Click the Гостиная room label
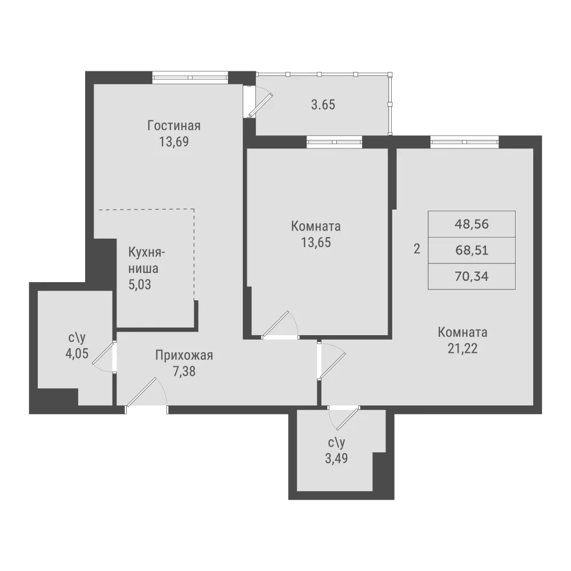174,126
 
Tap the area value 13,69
174,142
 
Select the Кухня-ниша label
146,260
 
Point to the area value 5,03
139,284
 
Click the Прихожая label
184,355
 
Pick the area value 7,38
184,371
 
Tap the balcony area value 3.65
323,105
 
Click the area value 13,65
316,242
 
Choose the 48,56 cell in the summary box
472,224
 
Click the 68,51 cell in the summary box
472,250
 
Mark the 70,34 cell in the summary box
472,276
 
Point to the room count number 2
417,249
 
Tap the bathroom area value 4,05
77,353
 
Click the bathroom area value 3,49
336,458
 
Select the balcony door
260,106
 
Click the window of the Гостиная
190,77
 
